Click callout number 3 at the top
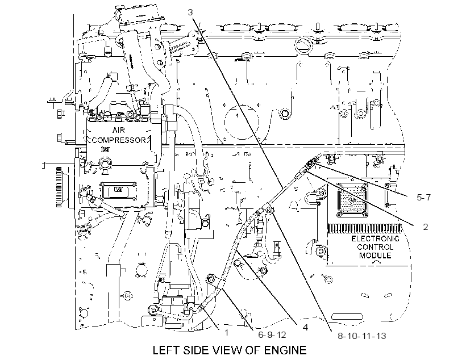190,12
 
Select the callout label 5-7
423,197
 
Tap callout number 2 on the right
426,227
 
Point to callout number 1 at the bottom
226,332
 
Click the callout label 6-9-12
272,335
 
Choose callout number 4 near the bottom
305,327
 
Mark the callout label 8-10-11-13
361,336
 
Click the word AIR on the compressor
119,130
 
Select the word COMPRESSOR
119,140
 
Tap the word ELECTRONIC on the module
375,238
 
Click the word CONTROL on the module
375,247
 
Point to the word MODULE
375,255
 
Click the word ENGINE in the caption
285,350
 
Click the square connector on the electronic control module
352,200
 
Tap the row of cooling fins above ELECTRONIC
365,229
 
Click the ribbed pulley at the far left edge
59,187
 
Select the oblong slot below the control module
347,316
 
